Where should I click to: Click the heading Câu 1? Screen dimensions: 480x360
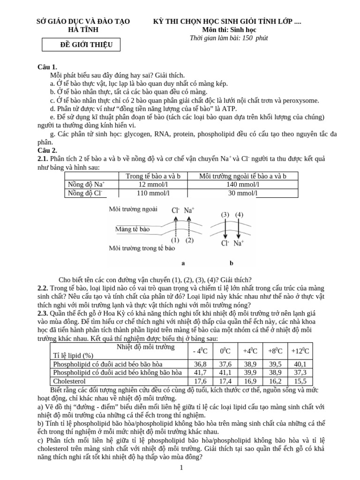[x=47, y=67]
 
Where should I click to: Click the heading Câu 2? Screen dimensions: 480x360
[x=47, y=150]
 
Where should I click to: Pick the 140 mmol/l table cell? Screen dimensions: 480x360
[x=242, y=184]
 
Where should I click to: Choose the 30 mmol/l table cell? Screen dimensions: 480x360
[x=242, y=193]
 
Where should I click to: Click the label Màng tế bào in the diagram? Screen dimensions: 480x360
[x=132, y=229]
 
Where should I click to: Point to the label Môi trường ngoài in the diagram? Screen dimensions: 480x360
[x=133, y=209]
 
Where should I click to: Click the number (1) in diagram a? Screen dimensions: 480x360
[x=175, y=240]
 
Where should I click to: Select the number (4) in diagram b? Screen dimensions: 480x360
[x=239, y=215]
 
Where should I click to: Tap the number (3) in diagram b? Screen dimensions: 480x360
[x=225, y=215]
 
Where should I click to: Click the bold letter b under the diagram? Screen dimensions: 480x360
[x=231, y=263]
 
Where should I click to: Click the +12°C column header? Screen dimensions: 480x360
[x=300, y=351]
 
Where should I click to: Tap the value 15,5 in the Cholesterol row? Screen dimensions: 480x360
[x=300, y=381]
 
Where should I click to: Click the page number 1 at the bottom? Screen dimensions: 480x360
[x=181, y=467]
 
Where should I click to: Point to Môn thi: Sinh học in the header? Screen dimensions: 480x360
[x=228, y=30]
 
